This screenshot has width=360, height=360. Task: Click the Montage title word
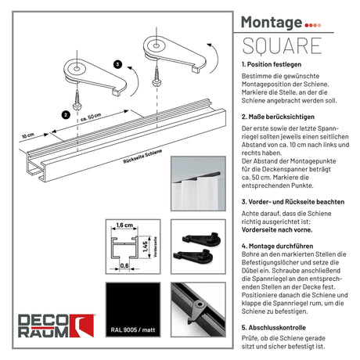272,23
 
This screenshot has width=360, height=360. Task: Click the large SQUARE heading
282,46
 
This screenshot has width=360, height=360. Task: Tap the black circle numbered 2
66,114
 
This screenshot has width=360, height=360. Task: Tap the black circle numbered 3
118,64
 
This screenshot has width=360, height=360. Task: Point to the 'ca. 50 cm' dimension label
91,117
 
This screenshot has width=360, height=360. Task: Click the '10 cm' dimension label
28,135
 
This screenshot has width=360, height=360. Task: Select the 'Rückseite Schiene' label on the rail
142,157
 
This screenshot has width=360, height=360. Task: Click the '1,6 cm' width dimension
124,225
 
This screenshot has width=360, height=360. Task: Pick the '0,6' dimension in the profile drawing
124,265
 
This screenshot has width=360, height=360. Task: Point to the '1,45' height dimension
146,247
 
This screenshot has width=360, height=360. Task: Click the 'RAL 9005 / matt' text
133,330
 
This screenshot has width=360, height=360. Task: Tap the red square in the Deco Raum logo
81,326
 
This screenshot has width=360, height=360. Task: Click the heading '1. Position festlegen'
272,64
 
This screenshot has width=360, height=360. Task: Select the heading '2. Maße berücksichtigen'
278,117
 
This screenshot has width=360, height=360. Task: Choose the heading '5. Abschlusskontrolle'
274,328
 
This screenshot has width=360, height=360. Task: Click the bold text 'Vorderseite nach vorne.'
277,230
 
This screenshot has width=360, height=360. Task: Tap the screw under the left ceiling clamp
77,100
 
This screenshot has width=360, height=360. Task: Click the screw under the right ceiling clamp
157,76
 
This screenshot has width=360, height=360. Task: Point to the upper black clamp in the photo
201,238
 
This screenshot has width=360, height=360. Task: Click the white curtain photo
198,183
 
